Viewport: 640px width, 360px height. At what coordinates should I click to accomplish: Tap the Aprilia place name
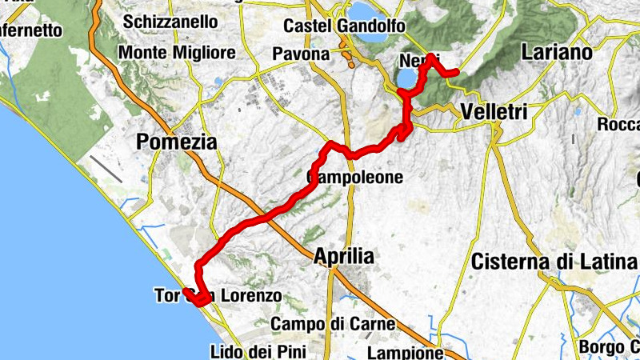pos(344,256)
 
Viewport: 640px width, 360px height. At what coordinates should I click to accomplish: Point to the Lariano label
pos(555,53)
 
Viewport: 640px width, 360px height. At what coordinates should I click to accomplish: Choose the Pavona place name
pos(300,54)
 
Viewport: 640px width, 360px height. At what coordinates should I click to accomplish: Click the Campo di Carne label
pos(333,324)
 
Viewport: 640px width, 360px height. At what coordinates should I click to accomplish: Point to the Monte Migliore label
pos(177,53)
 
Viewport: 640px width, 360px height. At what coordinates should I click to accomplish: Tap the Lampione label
pos(405,352)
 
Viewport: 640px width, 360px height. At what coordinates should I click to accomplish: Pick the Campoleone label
pos(355,177)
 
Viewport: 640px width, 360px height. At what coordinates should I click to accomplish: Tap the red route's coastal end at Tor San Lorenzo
pos(186,293)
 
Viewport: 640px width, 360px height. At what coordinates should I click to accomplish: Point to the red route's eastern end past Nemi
pos(455,73)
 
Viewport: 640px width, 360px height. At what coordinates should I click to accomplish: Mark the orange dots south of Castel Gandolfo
pos(348,58)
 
